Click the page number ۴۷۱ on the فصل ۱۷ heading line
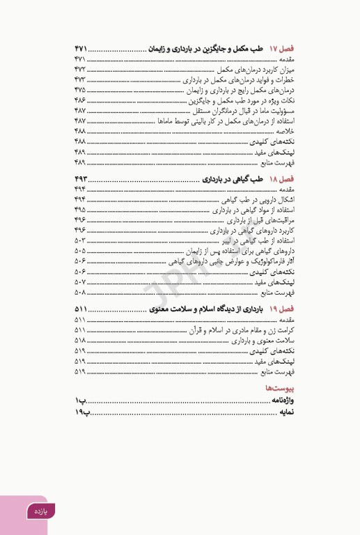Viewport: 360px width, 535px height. tap(82, 49)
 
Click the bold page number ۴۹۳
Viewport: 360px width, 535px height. tap(82, 179)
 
